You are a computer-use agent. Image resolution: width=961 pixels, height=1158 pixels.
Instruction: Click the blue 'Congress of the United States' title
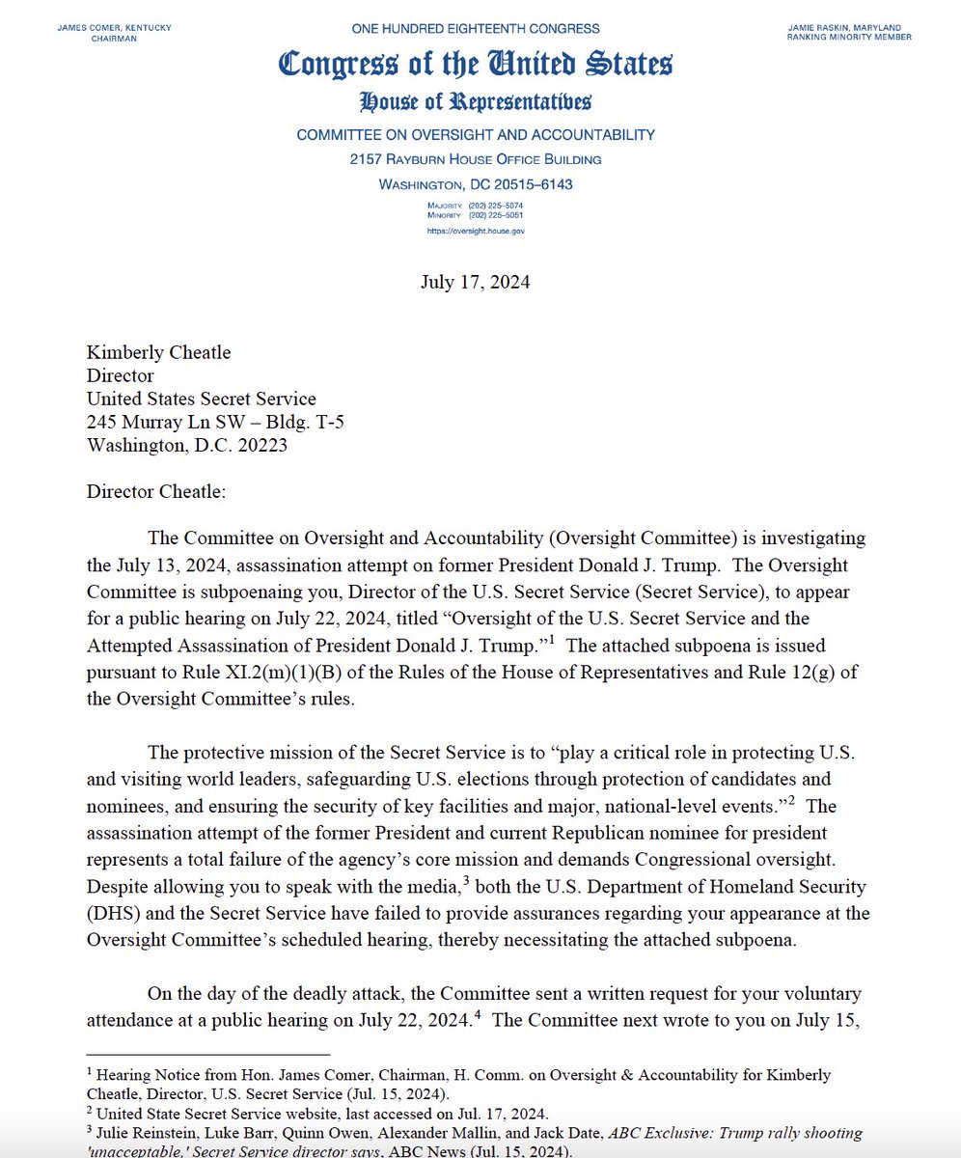pos(476,64)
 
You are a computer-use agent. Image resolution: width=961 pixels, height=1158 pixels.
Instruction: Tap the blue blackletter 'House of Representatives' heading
pos(476,101)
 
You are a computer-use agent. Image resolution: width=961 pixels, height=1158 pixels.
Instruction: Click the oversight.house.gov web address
pos(476,232)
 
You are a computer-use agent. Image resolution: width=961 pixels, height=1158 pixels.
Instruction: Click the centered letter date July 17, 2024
pos(475,283)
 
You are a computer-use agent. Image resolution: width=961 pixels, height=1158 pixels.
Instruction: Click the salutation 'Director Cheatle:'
pos(155,492)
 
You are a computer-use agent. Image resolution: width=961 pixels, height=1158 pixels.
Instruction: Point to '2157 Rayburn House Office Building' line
pos(476,159)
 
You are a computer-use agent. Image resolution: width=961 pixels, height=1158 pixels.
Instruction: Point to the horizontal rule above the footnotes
pos(207,1054)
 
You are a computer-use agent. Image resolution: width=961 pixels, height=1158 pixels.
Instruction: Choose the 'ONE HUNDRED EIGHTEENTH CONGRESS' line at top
pos(476,29)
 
